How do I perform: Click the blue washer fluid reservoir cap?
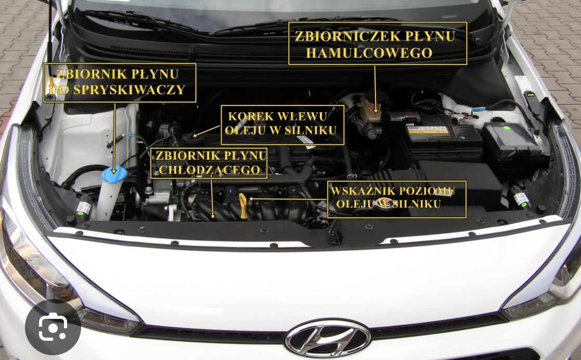point(114,174)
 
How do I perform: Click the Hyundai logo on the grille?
point(328,338)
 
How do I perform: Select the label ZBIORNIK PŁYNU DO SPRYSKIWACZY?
point(120,82)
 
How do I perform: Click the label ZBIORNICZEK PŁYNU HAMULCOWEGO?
point(378,44)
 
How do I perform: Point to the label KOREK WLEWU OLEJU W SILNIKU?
point(283,124)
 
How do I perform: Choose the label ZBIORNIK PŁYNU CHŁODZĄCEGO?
point(209,162)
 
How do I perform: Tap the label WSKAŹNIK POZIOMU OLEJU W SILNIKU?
point(397,199)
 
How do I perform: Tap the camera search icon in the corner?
point(53,327)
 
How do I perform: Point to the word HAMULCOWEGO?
point(369,53)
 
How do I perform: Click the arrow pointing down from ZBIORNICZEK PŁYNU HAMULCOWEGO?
point(375,86)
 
